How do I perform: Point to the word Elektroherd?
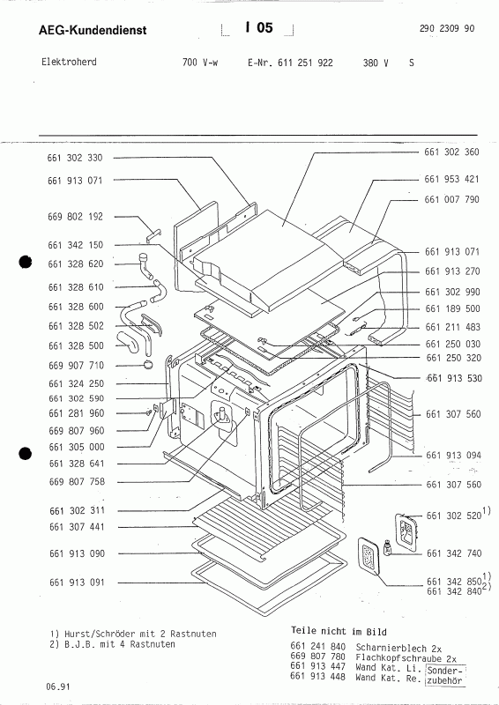[70, 63]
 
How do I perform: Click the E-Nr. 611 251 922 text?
[285, 64]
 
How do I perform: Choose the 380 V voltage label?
[376, 64]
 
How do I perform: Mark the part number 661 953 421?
[451, 179]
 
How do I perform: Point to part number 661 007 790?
[451, 200]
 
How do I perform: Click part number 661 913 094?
[451, 456]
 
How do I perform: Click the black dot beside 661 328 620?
[26, 262]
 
